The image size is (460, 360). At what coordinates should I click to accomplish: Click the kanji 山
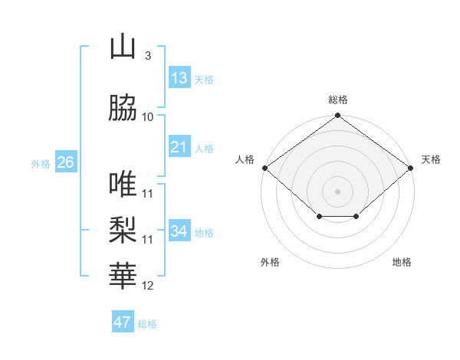(123, 47)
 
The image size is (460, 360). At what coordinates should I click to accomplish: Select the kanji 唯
(123, 184)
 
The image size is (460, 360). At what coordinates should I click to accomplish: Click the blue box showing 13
(179, 78)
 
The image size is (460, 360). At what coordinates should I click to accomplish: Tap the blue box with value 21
(179, 147)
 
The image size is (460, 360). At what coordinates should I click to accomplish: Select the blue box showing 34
(179, 231)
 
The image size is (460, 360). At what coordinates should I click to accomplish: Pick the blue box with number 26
(65, 162)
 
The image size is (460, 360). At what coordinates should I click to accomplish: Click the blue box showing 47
(123, 322)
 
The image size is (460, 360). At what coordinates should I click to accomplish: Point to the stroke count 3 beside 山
(147, 56)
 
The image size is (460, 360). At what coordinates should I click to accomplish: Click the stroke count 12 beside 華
(148, 286)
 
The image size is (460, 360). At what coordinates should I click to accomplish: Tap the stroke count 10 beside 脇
(148, 117)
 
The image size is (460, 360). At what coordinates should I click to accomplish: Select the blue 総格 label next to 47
(147, 324)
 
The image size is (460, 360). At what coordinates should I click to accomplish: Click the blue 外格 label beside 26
(41, 163)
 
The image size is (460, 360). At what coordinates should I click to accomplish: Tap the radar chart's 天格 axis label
(431, 159)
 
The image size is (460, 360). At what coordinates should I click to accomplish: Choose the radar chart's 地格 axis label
(402, 262)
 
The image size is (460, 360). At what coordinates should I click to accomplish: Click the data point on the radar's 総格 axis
(337, 116)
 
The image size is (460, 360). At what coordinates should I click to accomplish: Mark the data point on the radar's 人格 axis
(264, 168)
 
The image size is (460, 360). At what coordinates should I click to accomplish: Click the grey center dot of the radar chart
(337, 191)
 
